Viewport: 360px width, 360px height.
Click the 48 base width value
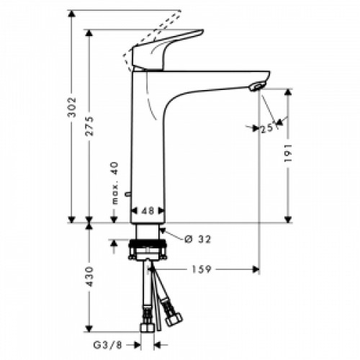146,211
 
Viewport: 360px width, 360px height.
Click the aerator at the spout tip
256,88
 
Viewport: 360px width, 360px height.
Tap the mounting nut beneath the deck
148,252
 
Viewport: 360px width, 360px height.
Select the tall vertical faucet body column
148,144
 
